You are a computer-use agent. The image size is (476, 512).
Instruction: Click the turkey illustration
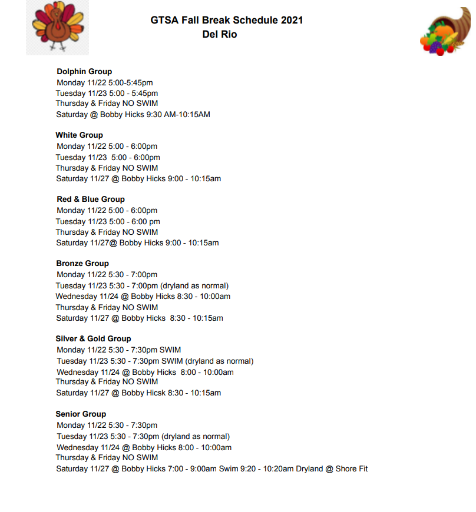point(57,27)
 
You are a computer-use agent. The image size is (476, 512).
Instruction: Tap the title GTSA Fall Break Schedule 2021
point(226,21)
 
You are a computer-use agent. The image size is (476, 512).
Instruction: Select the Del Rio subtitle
point(219,35)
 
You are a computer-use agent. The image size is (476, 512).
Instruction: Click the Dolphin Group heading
point(84,72)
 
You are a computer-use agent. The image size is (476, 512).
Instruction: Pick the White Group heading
point(80,135)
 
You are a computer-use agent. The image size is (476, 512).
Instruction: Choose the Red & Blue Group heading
point(91,200)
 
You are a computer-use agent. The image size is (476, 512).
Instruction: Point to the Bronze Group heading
point(82,264)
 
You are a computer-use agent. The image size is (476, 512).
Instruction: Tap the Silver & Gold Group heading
point(93,339)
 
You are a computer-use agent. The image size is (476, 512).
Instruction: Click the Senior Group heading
point(81,414)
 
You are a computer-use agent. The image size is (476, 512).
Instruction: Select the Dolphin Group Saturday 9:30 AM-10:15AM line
point(133,115)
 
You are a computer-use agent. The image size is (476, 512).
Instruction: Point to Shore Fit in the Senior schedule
point(352,469)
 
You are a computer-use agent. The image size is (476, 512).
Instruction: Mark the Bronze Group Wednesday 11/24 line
point(143,297)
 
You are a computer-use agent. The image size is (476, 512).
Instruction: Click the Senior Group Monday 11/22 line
point(107,425)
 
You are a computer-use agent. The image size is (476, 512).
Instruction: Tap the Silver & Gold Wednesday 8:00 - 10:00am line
point(145,373)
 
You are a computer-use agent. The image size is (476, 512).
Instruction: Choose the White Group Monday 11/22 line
point(107,147)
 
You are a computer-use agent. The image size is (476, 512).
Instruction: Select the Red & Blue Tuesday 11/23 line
point(108,222)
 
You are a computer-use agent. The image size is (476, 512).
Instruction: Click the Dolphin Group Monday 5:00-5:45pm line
point(104,83)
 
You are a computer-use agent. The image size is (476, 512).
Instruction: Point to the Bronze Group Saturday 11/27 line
point(139,318)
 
